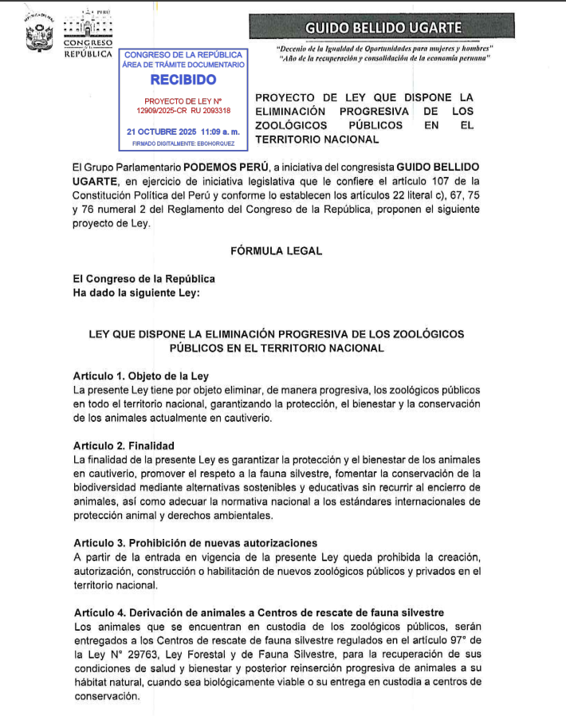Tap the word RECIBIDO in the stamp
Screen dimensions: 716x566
tap(183, 79)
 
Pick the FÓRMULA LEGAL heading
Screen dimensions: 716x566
tap(276, 250)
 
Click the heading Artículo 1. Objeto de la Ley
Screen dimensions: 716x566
tap(140, 376)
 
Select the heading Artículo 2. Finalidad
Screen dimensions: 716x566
tap(123, 446)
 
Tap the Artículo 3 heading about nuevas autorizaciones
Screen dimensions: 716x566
tap(195, 543)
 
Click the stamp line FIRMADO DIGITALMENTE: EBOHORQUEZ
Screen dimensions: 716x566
tap(183, 144)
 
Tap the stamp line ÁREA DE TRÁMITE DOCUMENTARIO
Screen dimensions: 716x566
tap(183, 64)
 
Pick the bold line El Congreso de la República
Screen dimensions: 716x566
tap(143, 279)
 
